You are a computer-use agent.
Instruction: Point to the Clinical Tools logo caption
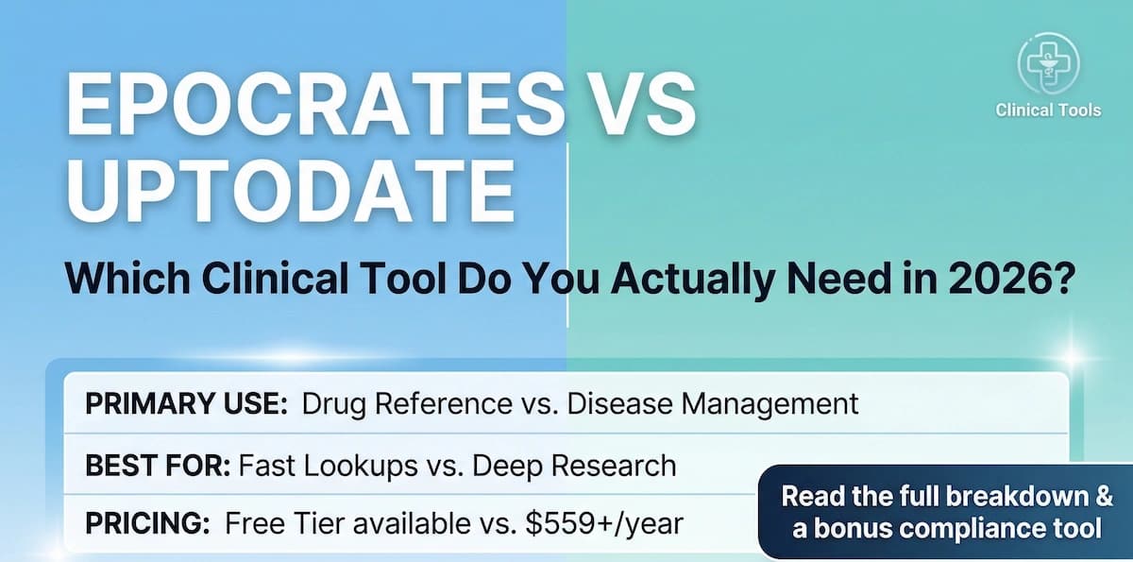(x=1048, y=110)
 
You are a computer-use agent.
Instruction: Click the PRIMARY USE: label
(x=186, y=404)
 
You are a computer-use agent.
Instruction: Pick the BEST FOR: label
(x=157, y=465)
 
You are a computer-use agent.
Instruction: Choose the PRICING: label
(x=145, y=522)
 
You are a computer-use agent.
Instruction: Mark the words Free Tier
(x=272, y=522)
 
